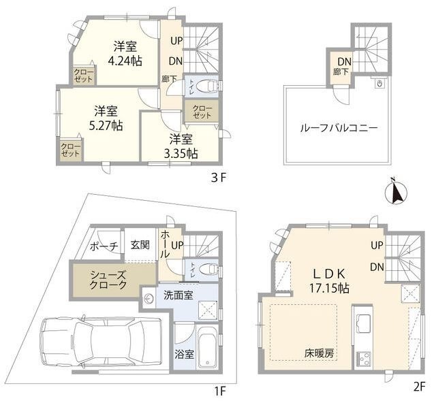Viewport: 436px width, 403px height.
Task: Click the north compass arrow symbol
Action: click(x=394, y=191)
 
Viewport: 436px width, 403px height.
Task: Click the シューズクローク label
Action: click(x=108, y=279)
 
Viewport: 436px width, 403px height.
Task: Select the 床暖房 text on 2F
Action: click(x=318, y=354)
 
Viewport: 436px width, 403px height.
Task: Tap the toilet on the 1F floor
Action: click(x=208, y=270)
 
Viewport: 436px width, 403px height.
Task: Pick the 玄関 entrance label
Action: click(x=141, y=245)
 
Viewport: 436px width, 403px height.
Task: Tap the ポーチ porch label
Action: click(x=104, y=246)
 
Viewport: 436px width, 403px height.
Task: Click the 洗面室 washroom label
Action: click(x=176, y=296)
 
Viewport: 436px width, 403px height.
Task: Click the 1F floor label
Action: click(x=219, y=391)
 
